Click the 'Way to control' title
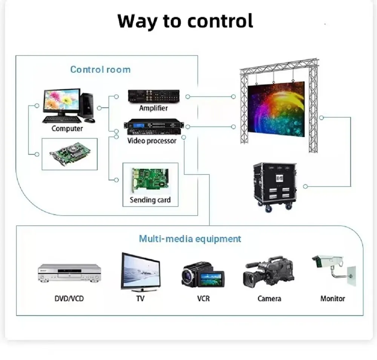(185, 21)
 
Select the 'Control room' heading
(100, 70)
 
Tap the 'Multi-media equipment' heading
(190, 239)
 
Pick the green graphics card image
(70, 154)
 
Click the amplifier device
(153, 96)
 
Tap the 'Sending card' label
(150, 200)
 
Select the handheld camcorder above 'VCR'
(203, 275)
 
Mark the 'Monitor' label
(333, 299)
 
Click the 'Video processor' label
(152, 141)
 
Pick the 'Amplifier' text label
(153, 108)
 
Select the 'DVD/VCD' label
(69, 299)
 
